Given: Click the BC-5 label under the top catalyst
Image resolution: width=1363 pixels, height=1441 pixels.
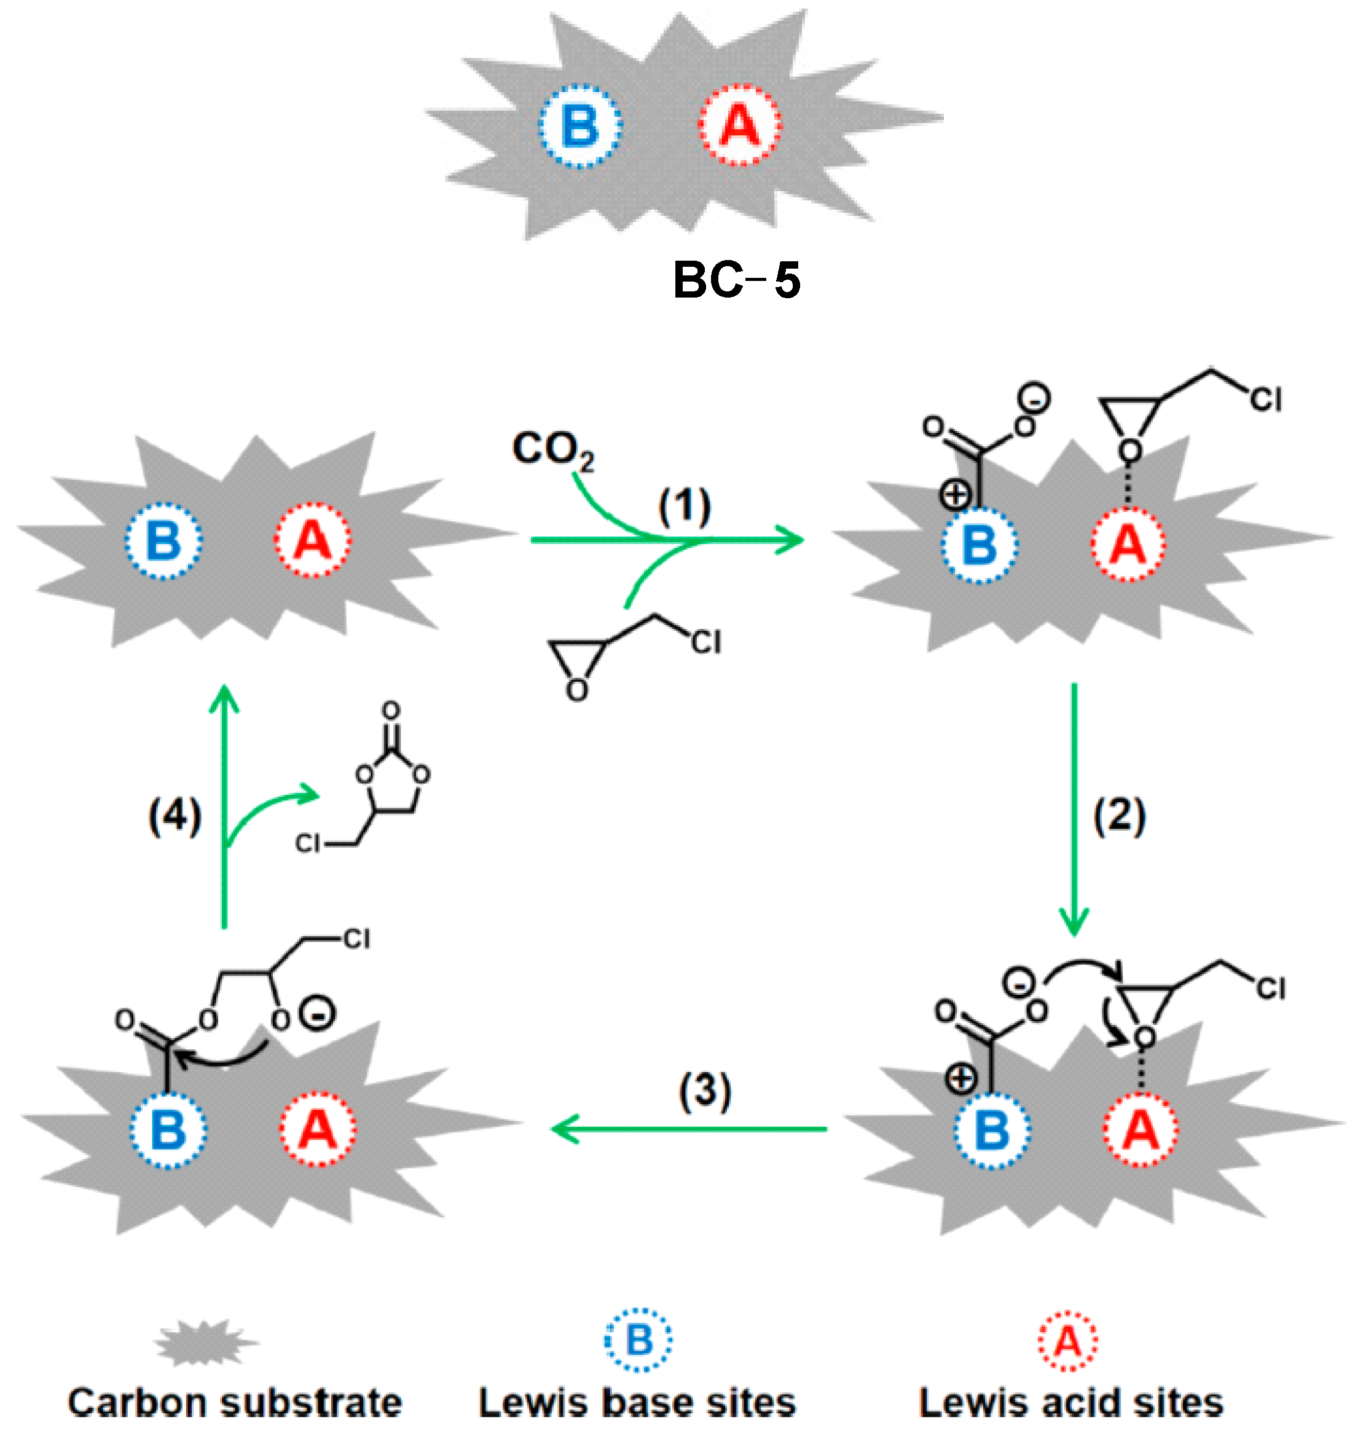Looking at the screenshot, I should [736, 280].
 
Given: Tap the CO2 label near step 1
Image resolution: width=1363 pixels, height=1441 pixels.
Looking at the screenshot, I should [553, 450].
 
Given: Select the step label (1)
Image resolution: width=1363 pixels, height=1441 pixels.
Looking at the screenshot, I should [685, 507].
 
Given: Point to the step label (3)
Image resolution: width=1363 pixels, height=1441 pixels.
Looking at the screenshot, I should [705, 1091].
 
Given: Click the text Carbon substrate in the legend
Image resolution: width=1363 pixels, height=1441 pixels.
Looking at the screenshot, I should [235, 1402].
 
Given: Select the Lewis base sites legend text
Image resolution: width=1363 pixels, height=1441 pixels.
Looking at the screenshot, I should [637, 1402].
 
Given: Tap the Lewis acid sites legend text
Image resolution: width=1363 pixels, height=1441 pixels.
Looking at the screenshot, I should [1071, 1402].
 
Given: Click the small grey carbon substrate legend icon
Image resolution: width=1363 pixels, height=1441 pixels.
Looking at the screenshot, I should [206, 1343].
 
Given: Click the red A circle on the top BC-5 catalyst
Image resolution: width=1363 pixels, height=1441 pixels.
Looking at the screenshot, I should [740, 125].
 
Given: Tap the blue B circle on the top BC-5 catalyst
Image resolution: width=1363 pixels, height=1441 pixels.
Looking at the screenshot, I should [579, 125].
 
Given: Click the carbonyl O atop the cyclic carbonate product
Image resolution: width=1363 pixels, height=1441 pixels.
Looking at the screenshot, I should [391, 710].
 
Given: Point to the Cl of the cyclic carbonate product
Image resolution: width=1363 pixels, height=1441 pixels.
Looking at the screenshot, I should [307, 843].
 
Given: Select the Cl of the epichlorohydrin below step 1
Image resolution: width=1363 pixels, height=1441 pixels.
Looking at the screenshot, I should [705, 642].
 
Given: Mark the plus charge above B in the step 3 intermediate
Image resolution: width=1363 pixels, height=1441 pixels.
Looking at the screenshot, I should [960, 1079].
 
